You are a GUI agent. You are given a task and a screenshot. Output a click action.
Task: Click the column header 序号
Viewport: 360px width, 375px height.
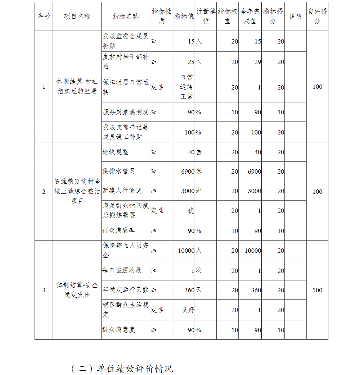[x=44, y=17]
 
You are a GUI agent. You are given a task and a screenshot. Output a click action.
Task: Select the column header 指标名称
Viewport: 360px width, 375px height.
[x=125, y=17]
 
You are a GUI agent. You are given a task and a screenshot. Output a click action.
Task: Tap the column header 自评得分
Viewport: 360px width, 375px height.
[x=317, y=17]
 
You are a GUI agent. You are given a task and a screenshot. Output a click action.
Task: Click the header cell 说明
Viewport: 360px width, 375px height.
[x=296, y=17]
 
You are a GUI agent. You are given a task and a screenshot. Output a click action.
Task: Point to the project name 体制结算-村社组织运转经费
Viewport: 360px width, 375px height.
[x=77, y=87]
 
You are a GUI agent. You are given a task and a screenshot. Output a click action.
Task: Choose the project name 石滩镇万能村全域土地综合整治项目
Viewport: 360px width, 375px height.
[x=77, y=191]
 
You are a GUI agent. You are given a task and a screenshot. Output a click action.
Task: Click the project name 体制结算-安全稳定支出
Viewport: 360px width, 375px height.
[x=77, y=290]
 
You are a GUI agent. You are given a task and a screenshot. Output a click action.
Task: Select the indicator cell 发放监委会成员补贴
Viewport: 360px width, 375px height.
[x=125, y=41]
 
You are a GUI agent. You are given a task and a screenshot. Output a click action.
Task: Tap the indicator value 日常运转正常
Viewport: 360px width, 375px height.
[x=186, y=87]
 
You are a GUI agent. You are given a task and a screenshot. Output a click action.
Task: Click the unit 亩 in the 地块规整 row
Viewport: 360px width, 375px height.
[x=199, y=152]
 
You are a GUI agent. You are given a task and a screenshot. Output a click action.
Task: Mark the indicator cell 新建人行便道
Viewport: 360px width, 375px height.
[x=122, y=191]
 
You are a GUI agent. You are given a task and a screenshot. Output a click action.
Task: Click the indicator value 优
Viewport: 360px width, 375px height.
[x=191, y=211]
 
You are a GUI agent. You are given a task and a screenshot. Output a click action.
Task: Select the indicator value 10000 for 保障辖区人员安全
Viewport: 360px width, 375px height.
[x=186, y=251]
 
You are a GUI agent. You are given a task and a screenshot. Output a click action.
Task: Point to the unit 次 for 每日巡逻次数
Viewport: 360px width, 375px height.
[x=199, y=270]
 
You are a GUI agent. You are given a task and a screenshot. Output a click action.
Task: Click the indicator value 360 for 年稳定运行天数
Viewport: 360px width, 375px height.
[x=189, y=290]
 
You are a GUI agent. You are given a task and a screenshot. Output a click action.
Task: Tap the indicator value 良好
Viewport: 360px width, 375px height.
[x=188, y=310]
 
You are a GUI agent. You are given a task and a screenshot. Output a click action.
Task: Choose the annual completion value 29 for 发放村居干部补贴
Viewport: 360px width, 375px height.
[x=257, y=62]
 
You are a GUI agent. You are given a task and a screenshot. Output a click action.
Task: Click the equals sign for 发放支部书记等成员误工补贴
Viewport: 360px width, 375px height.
[x=154, y=132]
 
